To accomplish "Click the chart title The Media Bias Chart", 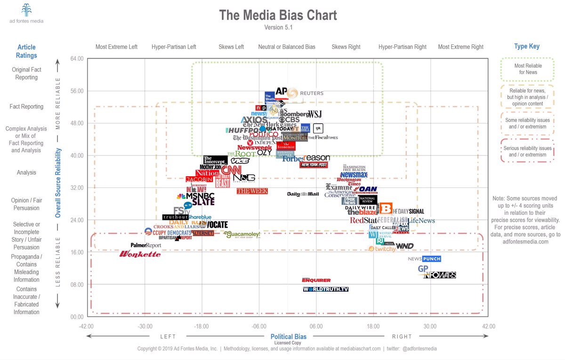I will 278,15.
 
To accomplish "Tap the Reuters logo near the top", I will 306,93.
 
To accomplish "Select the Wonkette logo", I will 140,254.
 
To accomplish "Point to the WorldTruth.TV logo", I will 326,289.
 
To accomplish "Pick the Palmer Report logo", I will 145,245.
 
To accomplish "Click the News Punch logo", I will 424,259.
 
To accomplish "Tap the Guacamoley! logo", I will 242,234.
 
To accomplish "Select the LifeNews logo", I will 421,221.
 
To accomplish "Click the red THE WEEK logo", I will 252,191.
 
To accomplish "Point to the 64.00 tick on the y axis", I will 76,58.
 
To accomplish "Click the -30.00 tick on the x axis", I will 145,326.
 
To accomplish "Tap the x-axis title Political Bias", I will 288,336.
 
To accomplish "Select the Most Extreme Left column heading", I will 116,47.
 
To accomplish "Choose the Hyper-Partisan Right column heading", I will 402,47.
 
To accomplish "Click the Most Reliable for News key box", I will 527,69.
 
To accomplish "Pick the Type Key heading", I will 527,46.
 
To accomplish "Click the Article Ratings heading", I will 26,51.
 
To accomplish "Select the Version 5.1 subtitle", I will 278,27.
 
